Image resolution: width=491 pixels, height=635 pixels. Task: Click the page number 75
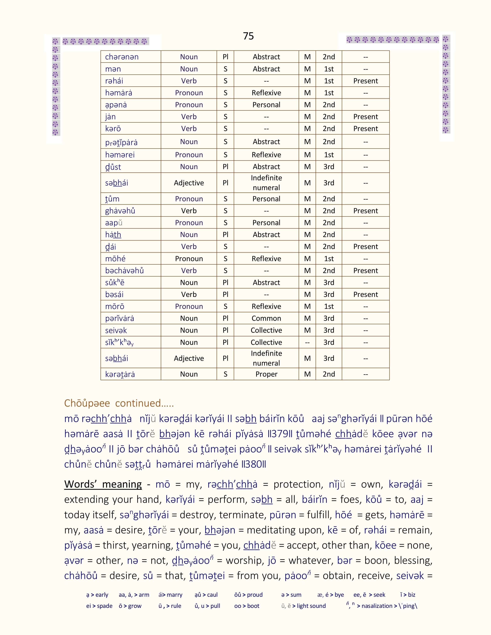pos(248,36)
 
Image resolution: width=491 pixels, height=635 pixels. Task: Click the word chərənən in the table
pos(121,57)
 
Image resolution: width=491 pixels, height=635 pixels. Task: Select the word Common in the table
pos(266,318)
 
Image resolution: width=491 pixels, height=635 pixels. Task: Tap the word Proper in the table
pos(266,374)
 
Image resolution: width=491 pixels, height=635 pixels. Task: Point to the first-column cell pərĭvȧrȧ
pos(120,318)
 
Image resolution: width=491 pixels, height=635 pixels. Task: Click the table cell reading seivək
pos(116,330)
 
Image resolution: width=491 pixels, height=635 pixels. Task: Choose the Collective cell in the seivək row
pos(266,330)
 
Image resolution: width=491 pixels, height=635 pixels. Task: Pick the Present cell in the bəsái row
pos(365,295)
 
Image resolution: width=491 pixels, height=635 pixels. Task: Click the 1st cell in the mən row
pos(329,69)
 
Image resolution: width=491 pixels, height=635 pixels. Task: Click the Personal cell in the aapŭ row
pos(266,223)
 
